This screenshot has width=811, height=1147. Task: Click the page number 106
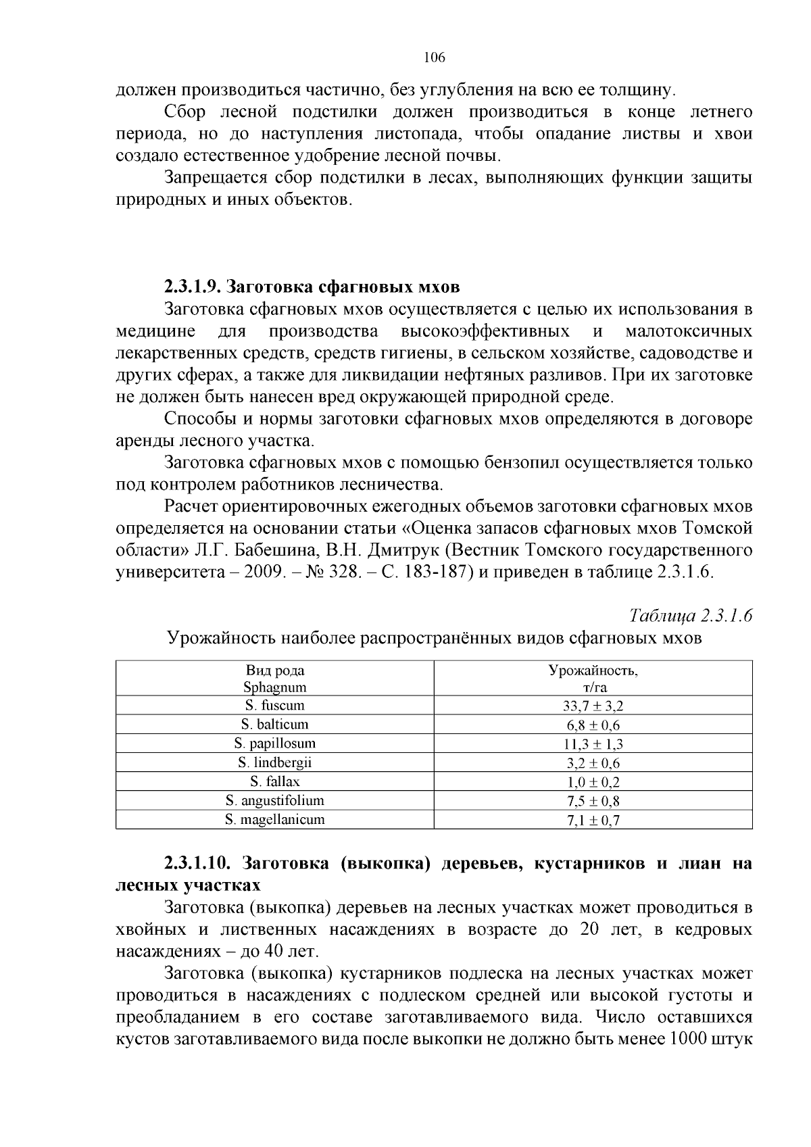(434, 57)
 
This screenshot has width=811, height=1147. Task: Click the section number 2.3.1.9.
(191, 287)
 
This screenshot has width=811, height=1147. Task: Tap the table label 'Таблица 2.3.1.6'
(691, 616)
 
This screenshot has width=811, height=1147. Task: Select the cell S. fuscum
(274, 706)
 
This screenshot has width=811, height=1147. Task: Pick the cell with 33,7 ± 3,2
(593, 707)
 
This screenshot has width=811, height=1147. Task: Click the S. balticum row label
(274, 725)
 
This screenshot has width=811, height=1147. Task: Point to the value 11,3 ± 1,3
(593, 745)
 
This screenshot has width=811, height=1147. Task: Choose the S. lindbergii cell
(274, 763)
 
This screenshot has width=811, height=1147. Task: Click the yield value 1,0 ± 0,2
(593, 783)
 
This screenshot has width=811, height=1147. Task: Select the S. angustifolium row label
(274, 801)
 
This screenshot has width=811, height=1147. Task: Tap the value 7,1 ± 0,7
(593, 821)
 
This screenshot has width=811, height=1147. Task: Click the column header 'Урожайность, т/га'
(593, 679)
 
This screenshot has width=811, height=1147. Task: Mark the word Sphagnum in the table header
(274, 687)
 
